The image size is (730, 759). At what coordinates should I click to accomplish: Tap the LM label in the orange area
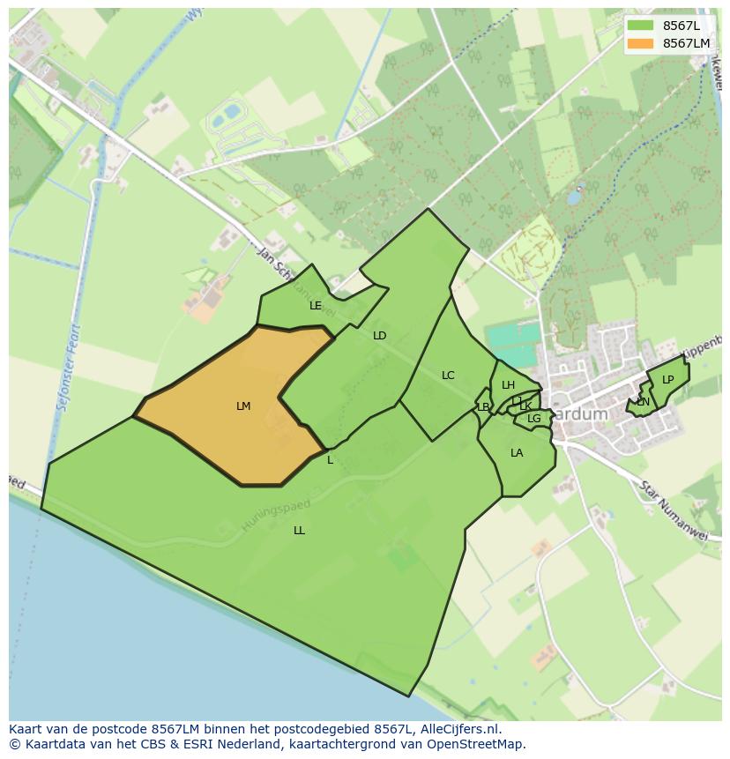pos(243,406)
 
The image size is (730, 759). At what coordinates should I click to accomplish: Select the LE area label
pos(316,306)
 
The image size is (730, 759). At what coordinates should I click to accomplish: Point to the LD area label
pos(379,336)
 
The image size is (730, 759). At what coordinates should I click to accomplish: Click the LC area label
pos(448,376)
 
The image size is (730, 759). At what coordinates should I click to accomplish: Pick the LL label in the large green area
pos(299,531)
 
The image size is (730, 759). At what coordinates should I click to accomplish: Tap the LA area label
pos(517,453)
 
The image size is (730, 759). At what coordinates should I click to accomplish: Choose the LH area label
pos(508,385)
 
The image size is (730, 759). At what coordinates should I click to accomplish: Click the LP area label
pos(667,380)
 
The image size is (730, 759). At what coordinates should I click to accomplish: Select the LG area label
pos(533,419)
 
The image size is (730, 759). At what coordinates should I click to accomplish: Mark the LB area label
pos(483,407)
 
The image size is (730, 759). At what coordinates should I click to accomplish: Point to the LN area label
pos(643,402)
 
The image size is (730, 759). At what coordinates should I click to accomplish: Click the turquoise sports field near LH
pos(510,339)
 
